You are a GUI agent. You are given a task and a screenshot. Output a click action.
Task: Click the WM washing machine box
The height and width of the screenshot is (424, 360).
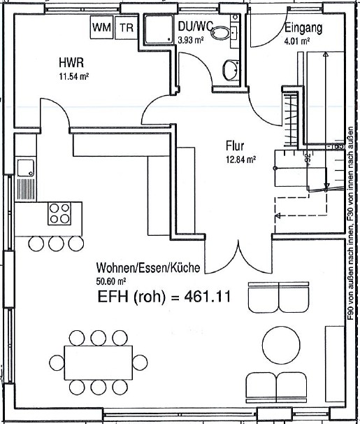coord(102,28)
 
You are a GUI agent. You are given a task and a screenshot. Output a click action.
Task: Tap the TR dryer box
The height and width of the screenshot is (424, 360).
coord(126,28)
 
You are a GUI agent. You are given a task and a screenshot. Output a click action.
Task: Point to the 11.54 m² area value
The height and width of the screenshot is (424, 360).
coord(73,75)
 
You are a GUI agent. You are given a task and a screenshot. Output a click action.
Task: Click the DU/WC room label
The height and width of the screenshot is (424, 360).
coord(195,27)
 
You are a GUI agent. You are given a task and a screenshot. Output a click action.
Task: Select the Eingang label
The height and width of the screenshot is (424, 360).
coord(303,29)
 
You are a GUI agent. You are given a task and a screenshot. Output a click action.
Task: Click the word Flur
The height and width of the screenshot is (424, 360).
coord(234,146)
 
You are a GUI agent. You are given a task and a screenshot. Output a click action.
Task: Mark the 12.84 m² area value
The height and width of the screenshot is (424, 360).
coord(240,159)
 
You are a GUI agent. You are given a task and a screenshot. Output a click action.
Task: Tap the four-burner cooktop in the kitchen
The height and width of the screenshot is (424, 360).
coord(60,213)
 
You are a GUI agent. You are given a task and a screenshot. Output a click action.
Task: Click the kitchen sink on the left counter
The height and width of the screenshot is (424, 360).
coord(26,168)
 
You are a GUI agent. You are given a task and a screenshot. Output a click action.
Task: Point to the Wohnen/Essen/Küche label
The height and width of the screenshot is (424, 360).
coord(149,268)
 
